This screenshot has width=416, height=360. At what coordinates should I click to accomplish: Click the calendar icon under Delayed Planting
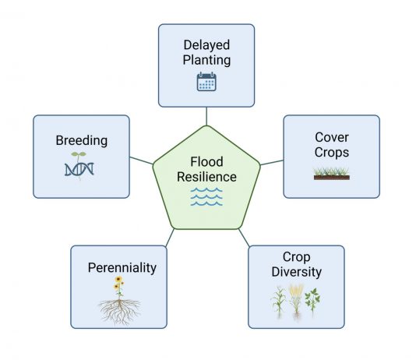(206, 82)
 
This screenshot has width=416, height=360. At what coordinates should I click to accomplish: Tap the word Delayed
(206, 45)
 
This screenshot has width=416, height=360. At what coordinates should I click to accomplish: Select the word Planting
(206, 60)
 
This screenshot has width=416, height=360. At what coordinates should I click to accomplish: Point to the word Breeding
(82, 140)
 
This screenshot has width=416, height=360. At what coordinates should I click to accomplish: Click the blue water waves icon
(206, 196)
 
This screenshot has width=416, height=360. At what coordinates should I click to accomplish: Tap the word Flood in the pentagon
(206, 161)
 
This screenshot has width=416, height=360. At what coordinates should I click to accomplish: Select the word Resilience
(206, 177)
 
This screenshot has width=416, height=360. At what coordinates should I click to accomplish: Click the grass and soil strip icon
(331, 174)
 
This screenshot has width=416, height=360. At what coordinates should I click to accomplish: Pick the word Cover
(332, 137)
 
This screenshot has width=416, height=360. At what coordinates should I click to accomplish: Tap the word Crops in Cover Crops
(332, 153)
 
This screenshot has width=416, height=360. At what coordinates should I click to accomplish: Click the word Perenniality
(122, 268)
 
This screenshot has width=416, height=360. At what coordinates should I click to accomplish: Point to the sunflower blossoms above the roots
(118, 283)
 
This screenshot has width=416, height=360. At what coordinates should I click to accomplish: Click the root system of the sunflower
(119, 312)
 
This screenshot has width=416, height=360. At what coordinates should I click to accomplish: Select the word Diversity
(296, 272)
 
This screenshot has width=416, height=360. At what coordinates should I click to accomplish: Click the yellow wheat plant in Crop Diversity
(296, 301)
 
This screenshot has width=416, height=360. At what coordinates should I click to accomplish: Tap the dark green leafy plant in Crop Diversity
(312, 301)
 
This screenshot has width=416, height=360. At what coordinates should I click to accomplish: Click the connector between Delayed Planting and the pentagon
(206, 116)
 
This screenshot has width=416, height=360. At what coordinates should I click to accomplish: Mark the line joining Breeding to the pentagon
(142, 161)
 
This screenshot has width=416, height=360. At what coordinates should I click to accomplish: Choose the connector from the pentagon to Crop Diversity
(244, 238)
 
